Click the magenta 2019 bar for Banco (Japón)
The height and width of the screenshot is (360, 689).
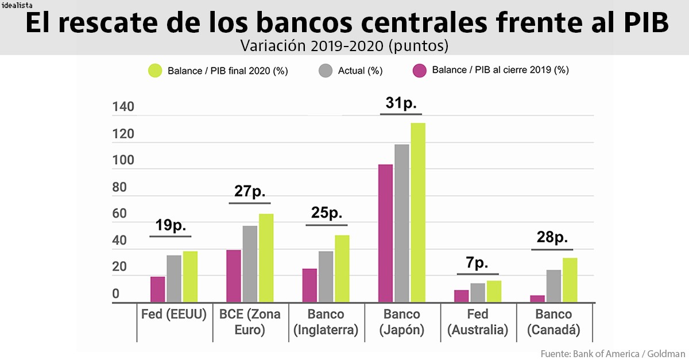[385, 233]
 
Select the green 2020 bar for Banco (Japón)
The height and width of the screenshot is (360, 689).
[417, 212]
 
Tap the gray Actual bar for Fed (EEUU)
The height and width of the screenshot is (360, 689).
[174, 278]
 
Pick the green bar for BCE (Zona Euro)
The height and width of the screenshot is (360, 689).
[266, 258]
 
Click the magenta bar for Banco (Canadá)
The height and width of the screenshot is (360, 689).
[537, 299]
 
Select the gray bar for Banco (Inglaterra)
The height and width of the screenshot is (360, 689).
[326, 276]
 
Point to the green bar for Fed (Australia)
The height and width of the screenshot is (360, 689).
[494, 291]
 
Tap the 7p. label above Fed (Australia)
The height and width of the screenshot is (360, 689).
[477, 263]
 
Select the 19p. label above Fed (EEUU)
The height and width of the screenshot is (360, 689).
[170, 225]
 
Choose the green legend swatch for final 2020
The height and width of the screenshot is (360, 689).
[155, 71]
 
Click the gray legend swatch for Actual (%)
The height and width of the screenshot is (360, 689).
[325, 71]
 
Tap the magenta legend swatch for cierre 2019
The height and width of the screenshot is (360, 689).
[420, 71]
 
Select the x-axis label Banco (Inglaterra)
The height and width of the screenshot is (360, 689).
[326, 322]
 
